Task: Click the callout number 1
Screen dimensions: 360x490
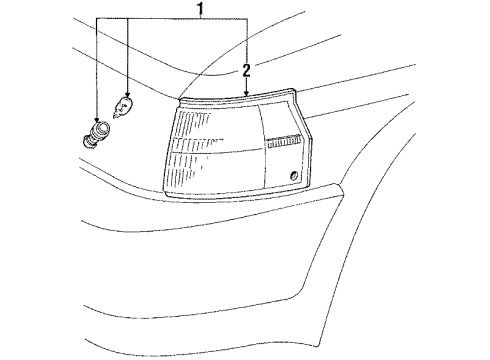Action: point(199,11)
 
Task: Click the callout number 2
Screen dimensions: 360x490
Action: point(245,69)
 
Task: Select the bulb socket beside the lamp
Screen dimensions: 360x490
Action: point(99,132)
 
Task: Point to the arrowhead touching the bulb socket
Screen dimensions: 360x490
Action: point(97,119)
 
